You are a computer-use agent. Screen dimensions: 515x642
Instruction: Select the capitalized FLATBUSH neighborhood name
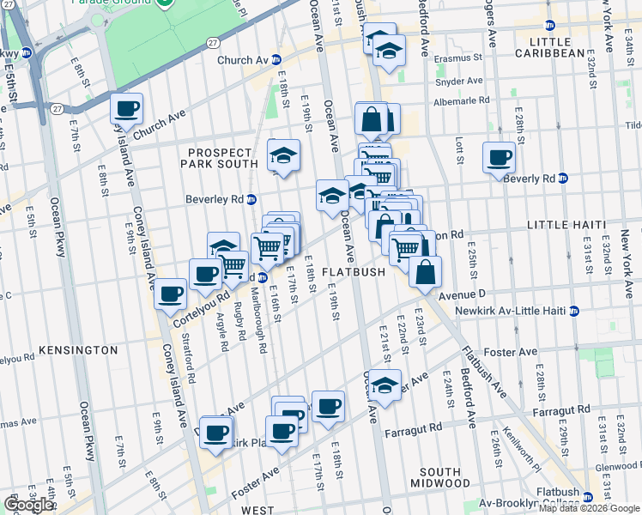[354, 272]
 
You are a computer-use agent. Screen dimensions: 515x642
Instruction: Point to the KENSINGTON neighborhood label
[78, 350]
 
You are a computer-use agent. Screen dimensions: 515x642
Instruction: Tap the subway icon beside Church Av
[276, 60]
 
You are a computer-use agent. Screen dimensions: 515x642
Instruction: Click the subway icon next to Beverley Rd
[251, 199]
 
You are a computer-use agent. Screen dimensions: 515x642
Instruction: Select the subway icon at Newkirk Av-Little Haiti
[574, 311]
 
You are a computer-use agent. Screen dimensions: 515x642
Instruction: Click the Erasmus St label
[458, 58]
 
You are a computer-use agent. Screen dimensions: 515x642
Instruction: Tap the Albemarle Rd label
[462, 100]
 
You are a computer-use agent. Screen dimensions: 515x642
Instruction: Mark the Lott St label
[460, 153]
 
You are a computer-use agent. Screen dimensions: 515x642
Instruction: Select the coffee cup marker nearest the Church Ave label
[127, 109]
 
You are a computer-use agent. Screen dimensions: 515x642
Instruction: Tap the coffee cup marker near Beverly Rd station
[500, 158]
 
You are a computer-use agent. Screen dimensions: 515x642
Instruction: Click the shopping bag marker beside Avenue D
[426, 272]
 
